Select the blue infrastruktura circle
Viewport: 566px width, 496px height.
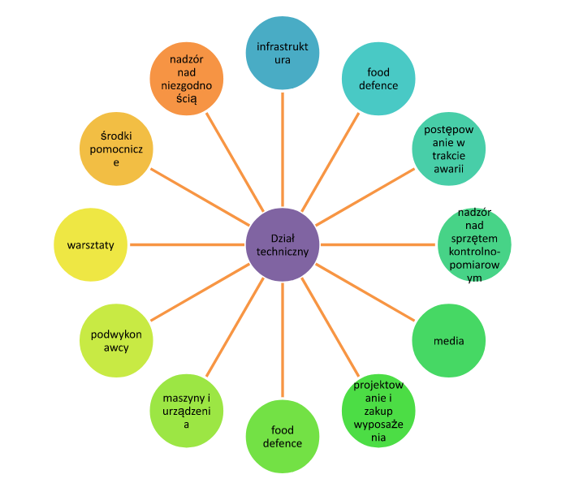(282, 54)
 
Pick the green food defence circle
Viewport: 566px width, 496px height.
(282, 437)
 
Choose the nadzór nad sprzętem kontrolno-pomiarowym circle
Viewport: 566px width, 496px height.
(475, 245)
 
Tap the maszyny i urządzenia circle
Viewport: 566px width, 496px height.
(187, 411)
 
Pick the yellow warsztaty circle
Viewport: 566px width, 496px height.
(90, 244)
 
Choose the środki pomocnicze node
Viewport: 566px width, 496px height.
(115, 149)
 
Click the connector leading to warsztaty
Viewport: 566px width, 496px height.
(187, 244)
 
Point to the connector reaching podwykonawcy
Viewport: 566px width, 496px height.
(199, 293)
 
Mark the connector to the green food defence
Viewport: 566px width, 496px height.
(282, 341)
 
